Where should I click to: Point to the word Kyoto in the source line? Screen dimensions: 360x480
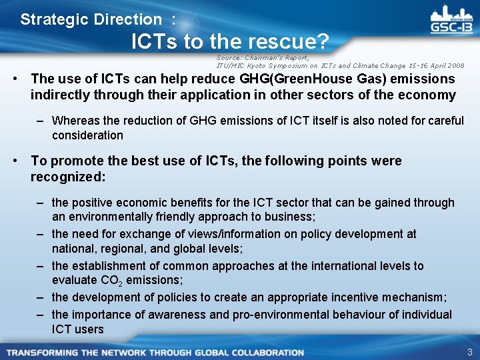point(259,66)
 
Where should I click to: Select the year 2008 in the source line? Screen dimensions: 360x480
point(455,66)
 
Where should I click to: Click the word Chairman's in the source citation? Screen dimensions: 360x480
point(263,58)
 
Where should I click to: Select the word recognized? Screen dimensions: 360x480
point(69,177)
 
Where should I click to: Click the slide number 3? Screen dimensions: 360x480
point(469,351)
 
